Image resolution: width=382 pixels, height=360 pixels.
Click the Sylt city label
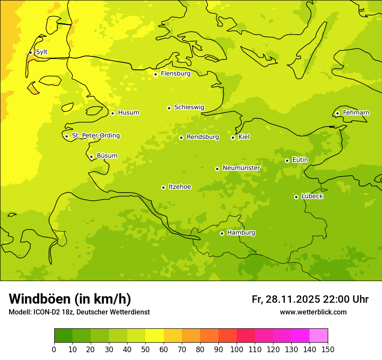click(42, 52)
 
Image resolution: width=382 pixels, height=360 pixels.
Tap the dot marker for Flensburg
click(155, 74)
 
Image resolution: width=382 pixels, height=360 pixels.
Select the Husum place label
click(128, 113)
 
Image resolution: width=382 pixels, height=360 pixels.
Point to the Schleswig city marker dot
click(169, 108)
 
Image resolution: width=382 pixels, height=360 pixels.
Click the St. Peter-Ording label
click(95, 136)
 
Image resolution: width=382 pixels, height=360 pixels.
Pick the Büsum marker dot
click(91, 157)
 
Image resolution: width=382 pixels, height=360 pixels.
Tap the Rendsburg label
click(203, 137)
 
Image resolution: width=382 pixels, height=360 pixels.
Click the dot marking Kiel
click(233, 137)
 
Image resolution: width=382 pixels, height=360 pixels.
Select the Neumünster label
click(241, 168)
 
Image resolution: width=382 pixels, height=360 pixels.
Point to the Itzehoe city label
click(180, 187)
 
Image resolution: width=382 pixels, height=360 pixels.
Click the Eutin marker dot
click(287, 160)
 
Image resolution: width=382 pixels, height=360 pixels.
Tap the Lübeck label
click(312, 196)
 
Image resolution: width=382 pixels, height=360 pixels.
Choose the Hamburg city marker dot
click(222, 233)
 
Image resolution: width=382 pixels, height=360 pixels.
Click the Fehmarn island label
click(356, 113)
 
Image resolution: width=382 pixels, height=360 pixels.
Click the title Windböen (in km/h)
click(70, 299)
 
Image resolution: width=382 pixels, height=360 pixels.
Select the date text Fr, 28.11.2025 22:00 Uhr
click(310, 299)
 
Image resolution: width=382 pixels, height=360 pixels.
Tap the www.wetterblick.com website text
click(313, 312)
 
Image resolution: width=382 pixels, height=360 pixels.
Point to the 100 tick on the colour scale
click(237, 349)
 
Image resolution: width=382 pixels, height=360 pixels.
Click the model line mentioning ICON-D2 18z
click(79, 312)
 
